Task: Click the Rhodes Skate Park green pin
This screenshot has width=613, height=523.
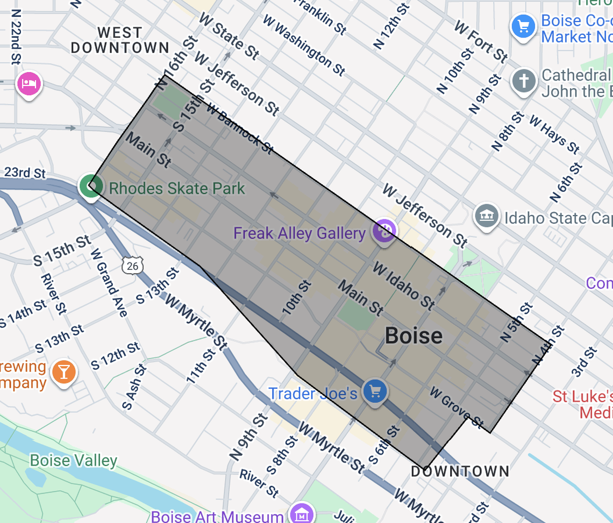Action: coord(90,186)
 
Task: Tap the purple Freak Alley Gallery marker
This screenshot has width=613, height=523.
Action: coord(385,232)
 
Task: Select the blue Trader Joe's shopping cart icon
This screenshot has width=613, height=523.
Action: coord(375,391)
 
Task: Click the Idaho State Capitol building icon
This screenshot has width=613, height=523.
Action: coord(486,217)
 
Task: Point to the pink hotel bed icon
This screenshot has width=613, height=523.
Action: coord(28,84)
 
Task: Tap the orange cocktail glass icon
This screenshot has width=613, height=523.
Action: coord(63,372)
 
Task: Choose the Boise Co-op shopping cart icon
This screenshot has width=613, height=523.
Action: coord(523,26)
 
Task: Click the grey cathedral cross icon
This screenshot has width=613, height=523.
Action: coord(524,82)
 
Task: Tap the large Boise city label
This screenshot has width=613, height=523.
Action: coord(414,336)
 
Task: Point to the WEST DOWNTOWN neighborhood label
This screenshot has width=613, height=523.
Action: coord(120,40)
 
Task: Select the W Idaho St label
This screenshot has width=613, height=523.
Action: coord(403,285)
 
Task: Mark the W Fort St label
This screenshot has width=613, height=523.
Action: coord(481,41)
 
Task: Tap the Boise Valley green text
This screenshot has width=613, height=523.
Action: coord(73,461)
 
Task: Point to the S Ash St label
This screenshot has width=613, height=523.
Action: coord(134,387)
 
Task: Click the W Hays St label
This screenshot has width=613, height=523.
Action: coord(554,134)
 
